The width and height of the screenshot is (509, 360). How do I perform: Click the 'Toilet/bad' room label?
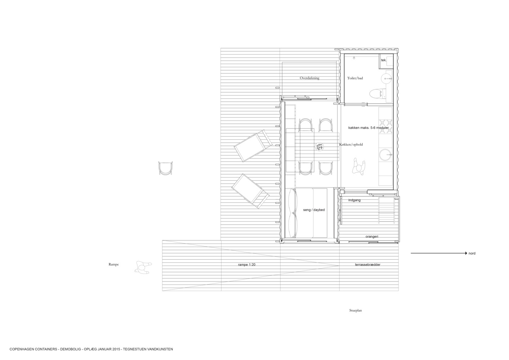pyautogui.click(x=355, y=78)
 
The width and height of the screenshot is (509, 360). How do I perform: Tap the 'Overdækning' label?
pyautogui.click(x=309, y=78)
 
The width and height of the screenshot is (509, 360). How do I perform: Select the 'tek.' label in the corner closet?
pyautogui.click(x=384, y=60)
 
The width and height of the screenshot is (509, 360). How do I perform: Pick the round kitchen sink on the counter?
pyautogui.click(x=386, y=155)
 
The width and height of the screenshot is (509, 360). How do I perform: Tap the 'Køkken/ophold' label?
pyautogui.click(x=351, y=145)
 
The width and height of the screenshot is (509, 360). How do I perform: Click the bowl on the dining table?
pyautogui.click(x=320, y=147)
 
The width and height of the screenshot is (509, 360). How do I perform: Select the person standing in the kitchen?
pyautogui.click(x=359, y=167)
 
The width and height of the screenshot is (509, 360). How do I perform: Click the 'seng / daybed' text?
pyautogui.click(x=314, y=210)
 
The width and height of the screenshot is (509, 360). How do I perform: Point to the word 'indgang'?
pyautogui.click(x=355, y=200)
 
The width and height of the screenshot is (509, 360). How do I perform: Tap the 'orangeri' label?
pyautogui.click(x=372, y=237)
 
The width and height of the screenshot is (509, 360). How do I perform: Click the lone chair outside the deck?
pyautogui.click(x=166, y=168)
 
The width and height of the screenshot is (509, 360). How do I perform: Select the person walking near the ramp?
pyautogui.click(x=143, y=267)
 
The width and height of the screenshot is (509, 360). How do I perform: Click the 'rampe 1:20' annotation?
pyautogui.click(x=247, y=265)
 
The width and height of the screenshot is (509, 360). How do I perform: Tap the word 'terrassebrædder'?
pyautogui.click(x=368, y=265)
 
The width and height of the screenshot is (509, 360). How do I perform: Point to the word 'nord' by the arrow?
pyautogui.click(x=472, y=253)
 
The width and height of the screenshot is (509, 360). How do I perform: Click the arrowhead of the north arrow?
pyautogui.click(x=466, y=253)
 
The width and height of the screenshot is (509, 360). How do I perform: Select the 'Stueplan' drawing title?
pyautogui.click(x=355, y=310)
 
